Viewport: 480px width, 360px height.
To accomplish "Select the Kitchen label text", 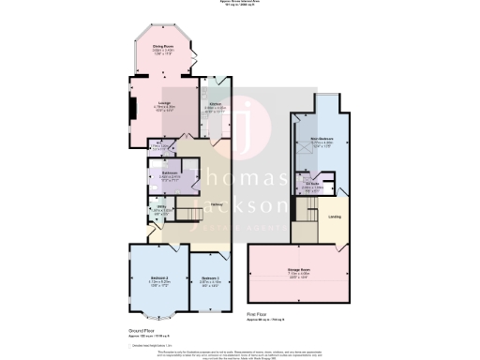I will click(x=214, y=104).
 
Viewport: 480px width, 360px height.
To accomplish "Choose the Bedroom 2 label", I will click(x=157, y=278).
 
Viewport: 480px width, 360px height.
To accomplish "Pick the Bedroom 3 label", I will click(x=208, y=278).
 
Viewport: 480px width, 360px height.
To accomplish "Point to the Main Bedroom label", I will click(x=322, y=142).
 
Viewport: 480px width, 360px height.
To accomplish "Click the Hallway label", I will click(x=217, y=203).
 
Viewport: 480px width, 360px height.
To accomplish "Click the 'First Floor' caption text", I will click(x=259, y=313).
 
